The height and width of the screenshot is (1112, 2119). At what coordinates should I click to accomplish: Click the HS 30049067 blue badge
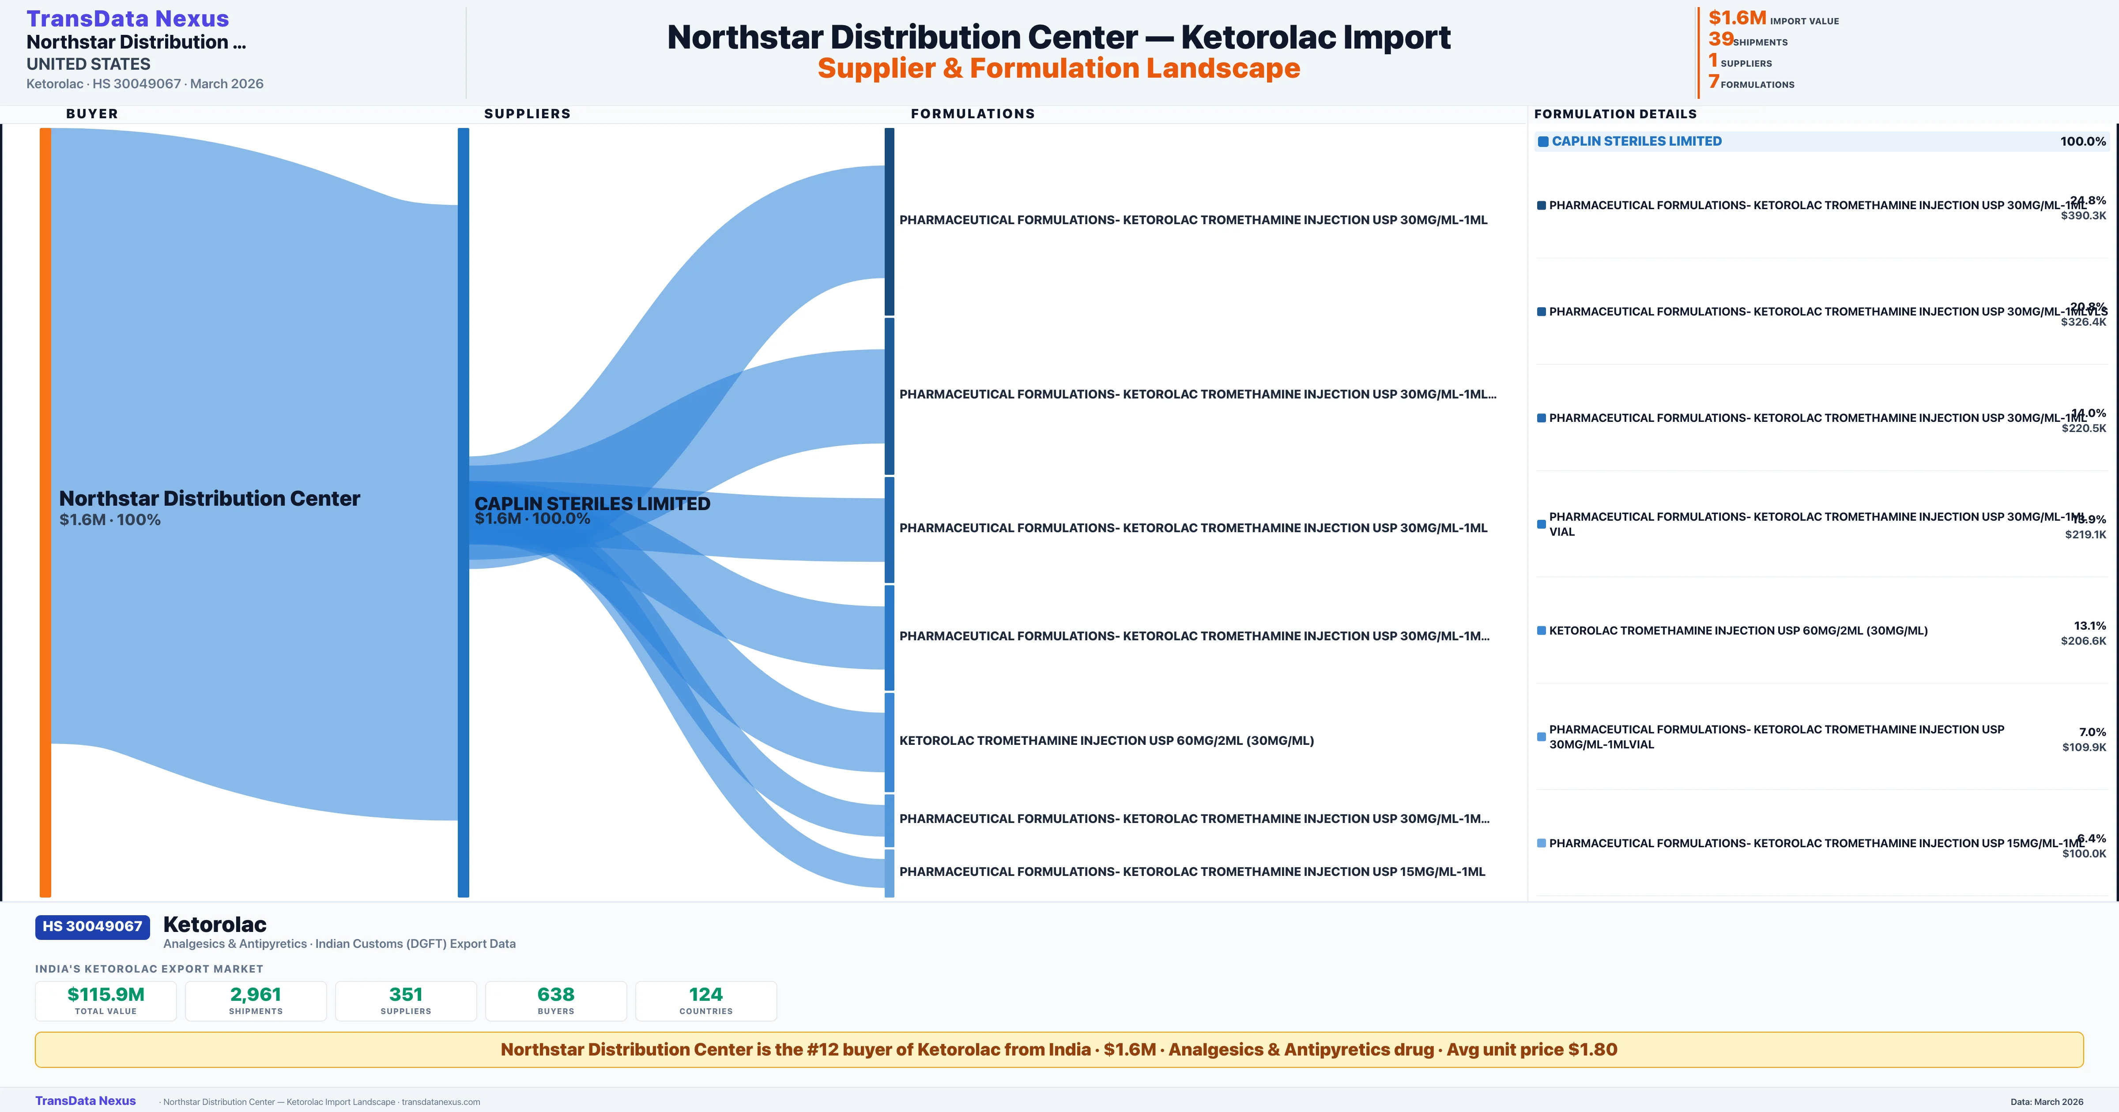92,926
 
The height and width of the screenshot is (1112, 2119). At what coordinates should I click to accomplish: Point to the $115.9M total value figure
106,994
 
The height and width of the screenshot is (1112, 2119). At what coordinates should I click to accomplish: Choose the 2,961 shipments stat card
256,1000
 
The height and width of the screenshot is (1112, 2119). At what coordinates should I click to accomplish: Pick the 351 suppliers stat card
406,1000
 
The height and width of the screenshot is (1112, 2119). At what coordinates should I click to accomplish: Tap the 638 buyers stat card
556,1000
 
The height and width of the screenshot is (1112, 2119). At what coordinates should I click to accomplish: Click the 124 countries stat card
706,1000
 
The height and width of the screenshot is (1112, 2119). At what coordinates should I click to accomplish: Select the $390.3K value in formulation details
2083,215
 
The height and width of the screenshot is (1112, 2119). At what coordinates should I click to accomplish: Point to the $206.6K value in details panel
2083,641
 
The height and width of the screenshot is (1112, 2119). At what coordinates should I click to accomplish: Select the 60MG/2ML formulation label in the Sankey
1106,740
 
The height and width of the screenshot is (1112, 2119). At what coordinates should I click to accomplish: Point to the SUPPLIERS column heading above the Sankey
527,113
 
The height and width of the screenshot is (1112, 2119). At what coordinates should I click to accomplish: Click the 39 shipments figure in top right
1721,39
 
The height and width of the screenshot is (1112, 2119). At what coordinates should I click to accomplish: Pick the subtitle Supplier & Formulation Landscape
1059,68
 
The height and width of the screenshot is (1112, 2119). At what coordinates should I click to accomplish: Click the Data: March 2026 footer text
2047,1101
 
